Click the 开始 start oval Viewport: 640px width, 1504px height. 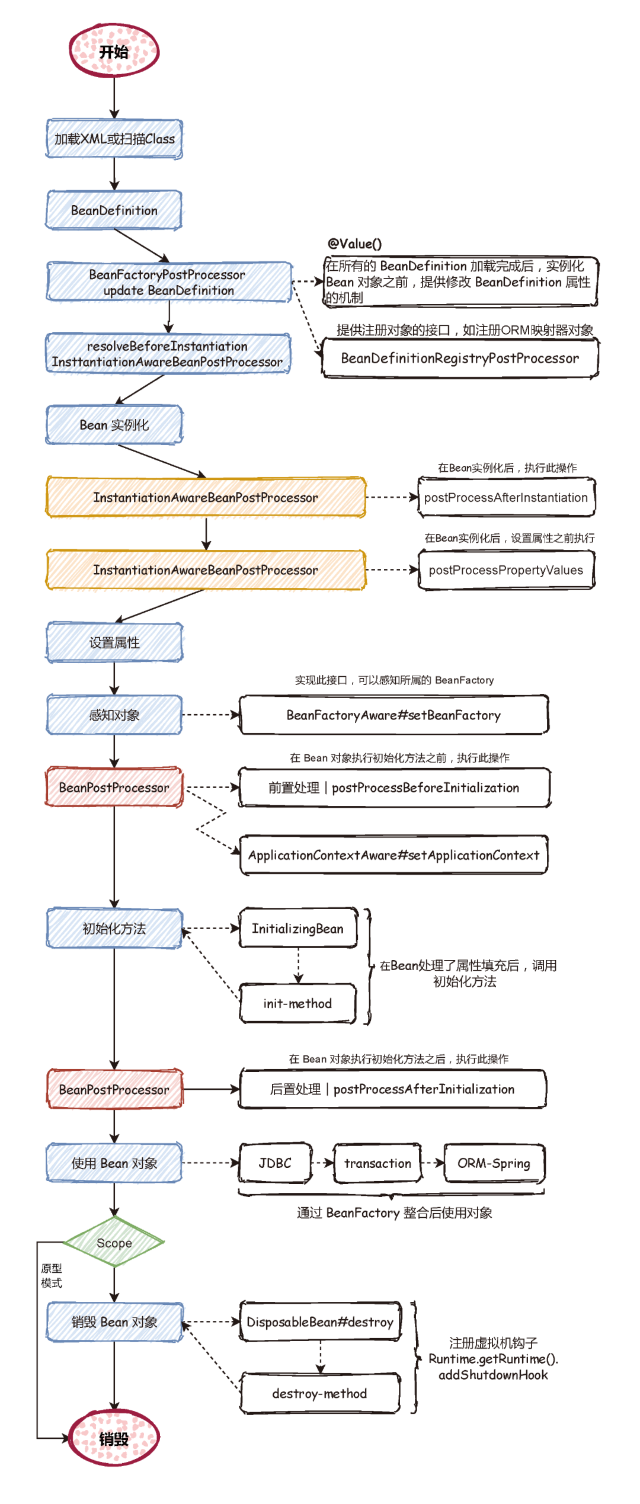click(114, 51)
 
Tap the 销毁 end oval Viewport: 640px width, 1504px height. click(114, 1438)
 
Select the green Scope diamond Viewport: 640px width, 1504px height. click(114, 1242)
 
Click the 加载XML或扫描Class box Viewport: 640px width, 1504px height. click(114, 139)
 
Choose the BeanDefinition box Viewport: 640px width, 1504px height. click(114, 210)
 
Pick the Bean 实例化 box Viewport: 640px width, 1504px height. click(114, 424)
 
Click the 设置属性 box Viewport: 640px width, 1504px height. click(114, 642)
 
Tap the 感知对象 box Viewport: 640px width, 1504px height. click(114, 715)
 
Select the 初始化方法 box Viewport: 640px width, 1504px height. click(114, 928)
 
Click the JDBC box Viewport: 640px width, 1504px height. click(276, 1163)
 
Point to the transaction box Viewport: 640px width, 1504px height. click(378, 1163)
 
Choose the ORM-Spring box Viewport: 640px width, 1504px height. click(494, 1163)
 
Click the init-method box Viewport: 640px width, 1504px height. click(298, 1003)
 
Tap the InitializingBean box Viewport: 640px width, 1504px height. click(298, 928)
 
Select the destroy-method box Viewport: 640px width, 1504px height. click(320, 1393)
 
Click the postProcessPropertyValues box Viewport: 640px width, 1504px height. click(507, 569)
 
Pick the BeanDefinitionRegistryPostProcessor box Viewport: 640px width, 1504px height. click(460, 358)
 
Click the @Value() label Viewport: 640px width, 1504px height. click(355, 244)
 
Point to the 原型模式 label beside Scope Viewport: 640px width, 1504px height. click(52, 1275)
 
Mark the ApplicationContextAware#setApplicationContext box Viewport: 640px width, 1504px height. click(394, 855)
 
